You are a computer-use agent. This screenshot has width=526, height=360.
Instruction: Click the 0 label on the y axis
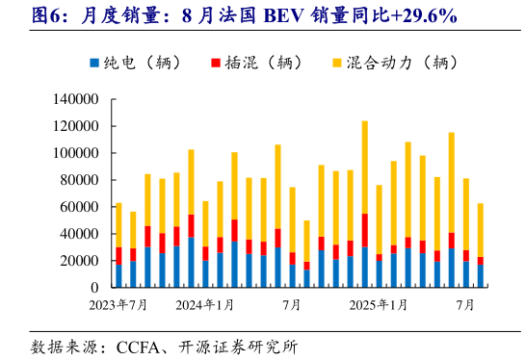click(x=96, y=288)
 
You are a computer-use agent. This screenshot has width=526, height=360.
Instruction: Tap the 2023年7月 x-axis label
click(x=118, y=305)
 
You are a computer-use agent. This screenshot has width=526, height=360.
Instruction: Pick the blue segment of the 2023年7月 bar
click(x=118, y=275)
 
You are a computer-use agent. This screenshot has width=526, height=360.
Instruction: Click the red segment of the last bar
click(x=480, y=261)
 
